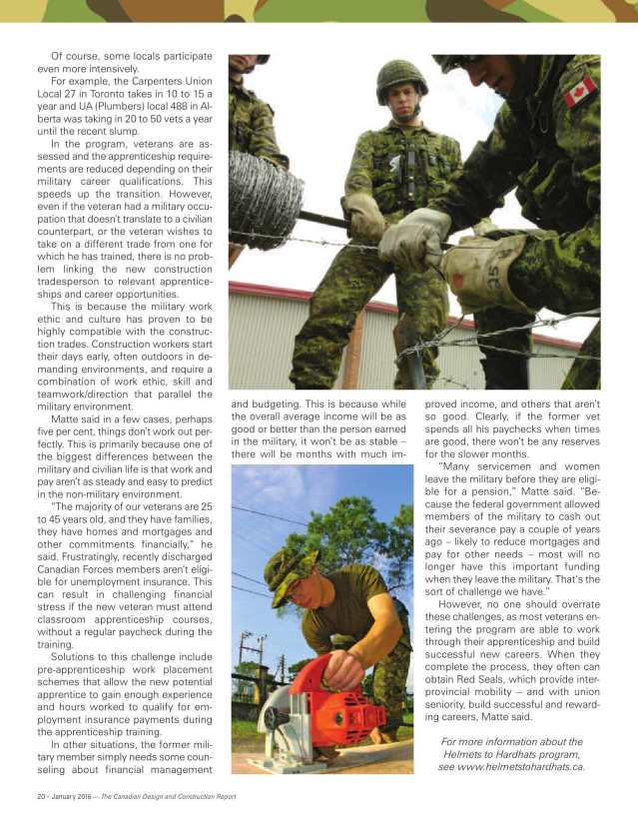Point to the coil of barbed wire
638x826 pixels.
click(263, 199)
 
